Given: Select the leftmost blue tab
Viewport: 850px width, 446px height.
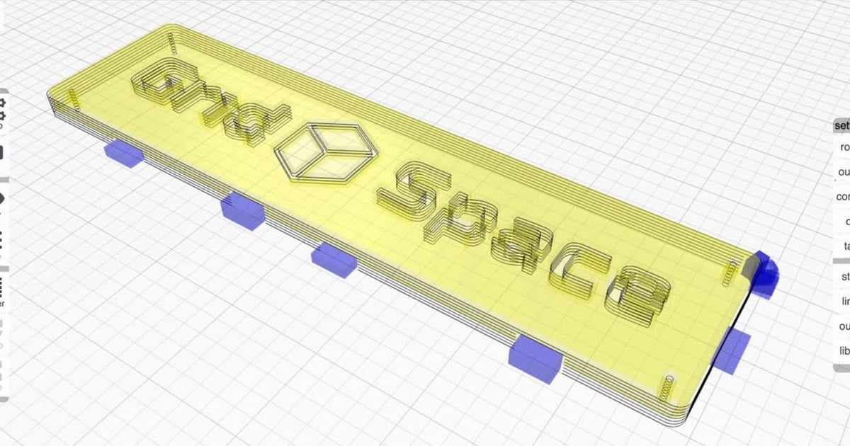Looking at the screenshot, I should (124, 154).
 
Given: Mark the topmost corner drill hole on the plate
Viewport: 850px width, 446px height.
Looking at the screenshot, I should (172, 42).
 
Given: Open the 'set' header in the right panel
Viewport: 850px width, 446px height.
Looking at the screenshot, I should (841, 125).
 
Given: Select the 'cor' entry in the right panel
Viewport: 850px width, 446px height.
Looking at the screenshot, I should (842, 197).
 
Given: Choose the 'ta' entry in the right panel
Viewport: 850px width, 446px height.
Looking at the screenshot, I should (845, 246).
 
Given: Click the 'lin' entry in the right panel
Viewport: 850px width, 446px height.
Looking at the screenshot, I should (844, 302).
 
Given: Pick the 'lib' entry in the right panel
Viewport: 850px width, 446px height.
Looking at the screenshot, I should (844, 351).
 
